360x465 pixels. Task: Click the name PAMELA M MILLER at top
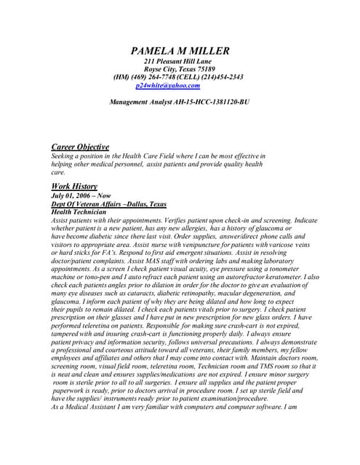pos(180,50)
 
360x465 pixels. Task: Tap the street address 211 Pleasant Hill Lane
pos(180,61)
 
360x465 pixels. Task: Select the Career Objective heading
pos(80,147)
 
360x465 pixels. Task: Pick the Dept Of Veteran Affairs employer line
pos(109,204)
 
